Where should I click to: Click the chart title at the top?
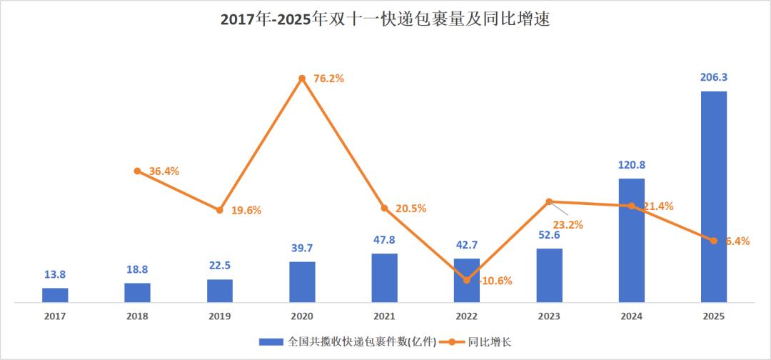[385, 19]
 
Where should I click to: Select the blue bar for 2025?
[713, 196]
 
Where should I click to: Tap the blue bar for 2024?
[631, 240]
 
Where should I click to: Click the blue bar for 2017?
[55, 295]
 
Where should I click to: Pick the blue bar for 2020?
[302, 281]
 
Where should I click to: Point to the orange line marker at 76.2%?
[302, 78]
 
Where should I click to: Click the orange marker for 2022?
[467, 280]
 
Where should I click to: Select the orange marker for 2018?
[137, 171]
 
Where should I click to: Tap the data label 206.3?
[713, 77]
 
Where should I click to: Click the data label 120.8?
[631, 164]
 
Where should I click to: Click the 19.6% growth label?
[246, 210]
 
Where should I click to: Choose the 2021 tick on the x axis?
[384, 316]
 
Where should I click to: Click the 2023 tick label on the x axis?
[549, 316]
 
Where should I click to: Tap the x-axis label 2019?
[220, 316]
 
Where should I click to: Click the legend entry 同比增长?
[475, 342]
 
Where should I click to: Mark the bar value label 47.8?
[384, 240]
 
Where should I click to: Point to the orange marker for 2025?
[713, 241]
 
